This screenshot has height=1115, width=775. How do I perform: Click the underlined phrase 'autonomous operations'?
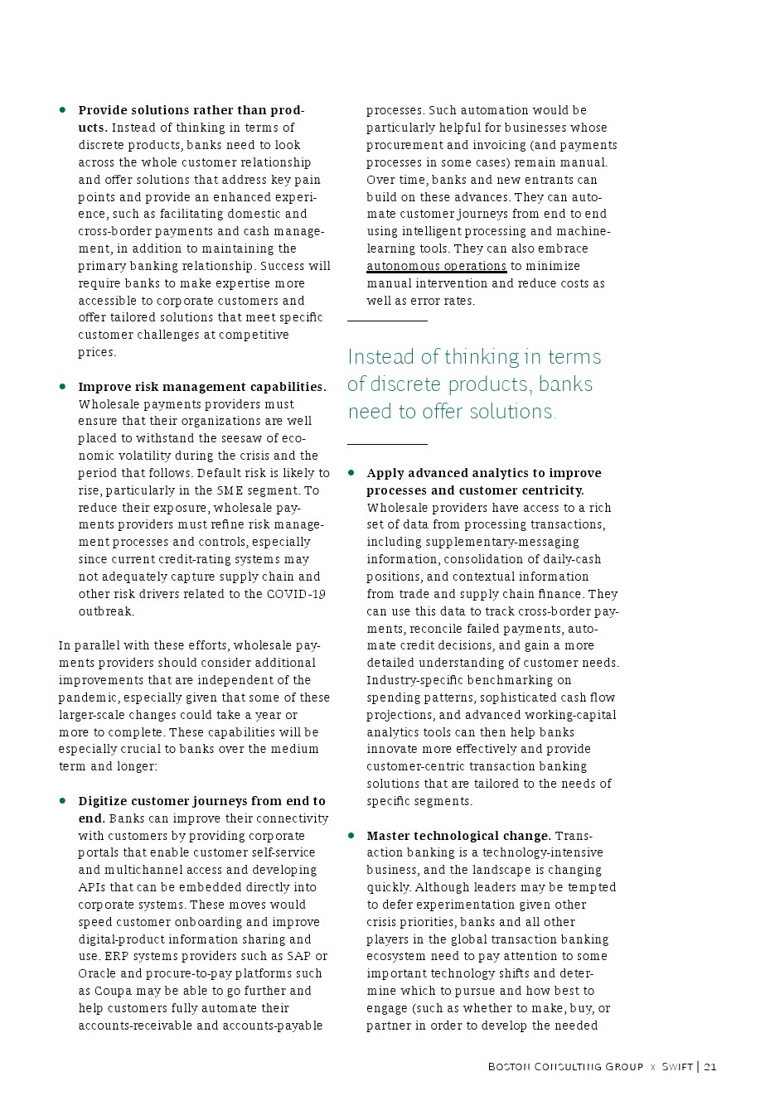click(436, 266)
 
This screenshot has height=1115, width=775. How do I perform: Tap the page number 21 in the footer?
click(710, 1067)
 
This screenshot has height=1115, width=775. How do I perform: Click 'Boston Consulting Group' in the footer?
click(565, 1067)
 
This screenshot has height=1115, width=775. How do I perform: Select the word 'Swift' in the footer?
click(677, 1067)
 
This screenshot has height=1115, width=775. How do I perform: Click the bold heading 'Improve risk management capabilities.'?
click(202, 387)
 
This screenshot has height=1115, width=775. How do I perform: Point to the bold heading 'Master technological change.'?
click(458, 836)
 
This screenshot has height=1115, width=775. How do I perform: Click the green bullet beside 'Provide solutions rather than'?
click(62, 109)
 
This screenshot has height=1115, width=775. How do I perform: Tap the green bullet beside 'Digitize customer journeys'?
click(62, 800)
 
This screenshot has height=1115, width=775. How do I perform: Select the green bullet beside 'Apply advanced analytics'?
click(351, 472)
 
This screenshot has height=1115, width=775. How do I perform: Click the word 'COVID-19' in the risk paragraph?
click(296, 594)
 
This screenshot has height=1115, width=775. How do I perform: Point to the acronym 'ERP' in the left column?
click(115, 956)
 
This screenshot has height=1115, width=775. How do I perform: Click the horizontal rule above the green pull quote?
click(387, 321)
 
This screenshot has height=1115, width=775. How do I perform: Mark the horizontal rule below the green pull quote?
click(387, 445)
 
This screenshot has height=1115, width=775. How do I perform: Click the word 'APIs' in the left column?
click(92, 887)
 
